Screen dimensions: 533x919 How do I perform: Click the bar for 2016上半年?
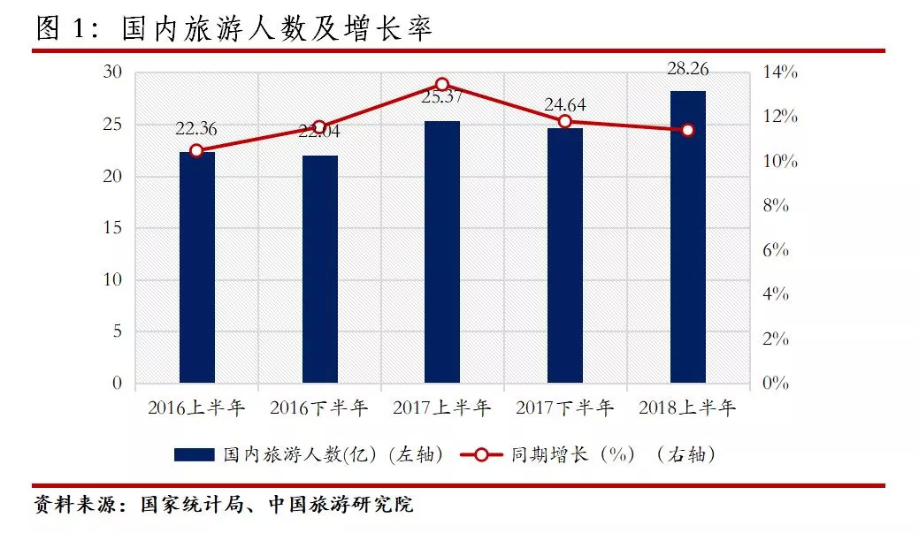[x=196, y=268]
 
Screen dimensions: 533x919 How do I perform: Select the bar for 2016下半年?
[x=319, y=270]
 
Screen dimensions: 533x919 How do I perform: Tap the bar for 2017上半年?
[x=442, y=252]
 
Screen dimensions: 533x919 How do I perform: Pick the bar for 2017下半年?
[x=565, y=255]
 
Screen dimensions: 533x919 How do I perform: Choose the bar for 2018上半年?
[x=688, y=237]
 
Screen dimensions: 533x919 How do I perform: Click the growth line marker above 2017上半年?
[x=442, y=84]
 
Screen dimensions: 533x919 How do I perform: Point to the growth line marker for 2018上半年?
[x=688, y=130]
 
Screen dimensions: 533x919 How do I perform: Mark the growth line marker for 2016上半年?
[x=196, y=150]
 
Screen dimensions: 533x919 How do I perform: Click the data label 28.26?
[x=688, y=69]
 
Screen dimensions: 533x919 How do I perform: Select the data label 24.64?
[x=565, y=106]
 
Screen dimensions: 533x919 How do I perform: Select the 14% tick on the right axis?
[x=781, y=72]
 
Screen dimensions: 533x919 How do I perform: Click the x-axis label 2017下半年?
[x=565, y=408]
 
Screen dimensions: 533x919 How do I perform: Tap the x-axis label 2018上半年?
[x=688, y=408]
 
